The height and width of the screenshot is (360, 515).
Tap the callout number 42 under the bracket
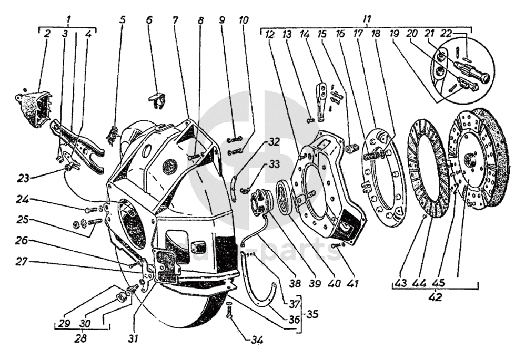click(x=435, y=296)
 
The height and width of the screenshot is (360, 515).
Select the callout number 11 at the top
click(x=367, y=19)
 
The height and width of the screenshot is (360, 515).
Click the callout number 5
click(x=123, y=20)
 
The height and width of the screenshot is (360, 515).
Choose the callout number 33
click(x=274, y=164)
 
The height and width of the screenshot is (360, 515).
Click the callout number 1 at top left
click(x=69, y=19)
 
